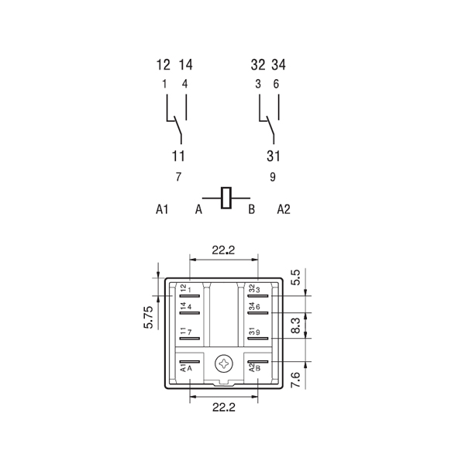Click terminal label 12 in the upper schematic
coord(164,64)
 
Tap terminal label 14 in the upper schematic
coord(186,64)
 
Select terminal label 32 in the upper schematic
coord(258,64)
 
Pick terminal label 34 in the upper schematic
coord(279,64)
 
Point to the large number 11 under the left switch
coord(178,156)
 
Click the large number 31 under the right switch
coord(273,156)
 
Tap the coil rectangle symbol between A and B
coord(226,198)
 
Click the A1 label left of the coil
coord(162,209)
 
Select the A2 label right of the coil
coord(284,209)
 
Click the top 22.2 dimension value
coord(223,250)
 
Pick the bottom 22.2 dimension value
coord(224,407)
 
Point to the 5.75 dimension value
coord(149,317)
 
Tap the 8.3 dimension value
coord(296,325)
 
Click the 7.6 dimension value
coord(296,380)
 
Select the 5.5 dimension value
coord(296,277)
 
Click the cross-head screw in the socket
coord(224,363)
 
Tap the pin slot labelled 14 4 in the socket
coord(190,313)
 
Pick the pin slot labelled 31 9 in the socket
coord(258,339)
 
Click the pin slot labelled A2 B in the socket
coord(258,361)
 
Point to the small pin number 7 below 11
coord(178,177)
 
